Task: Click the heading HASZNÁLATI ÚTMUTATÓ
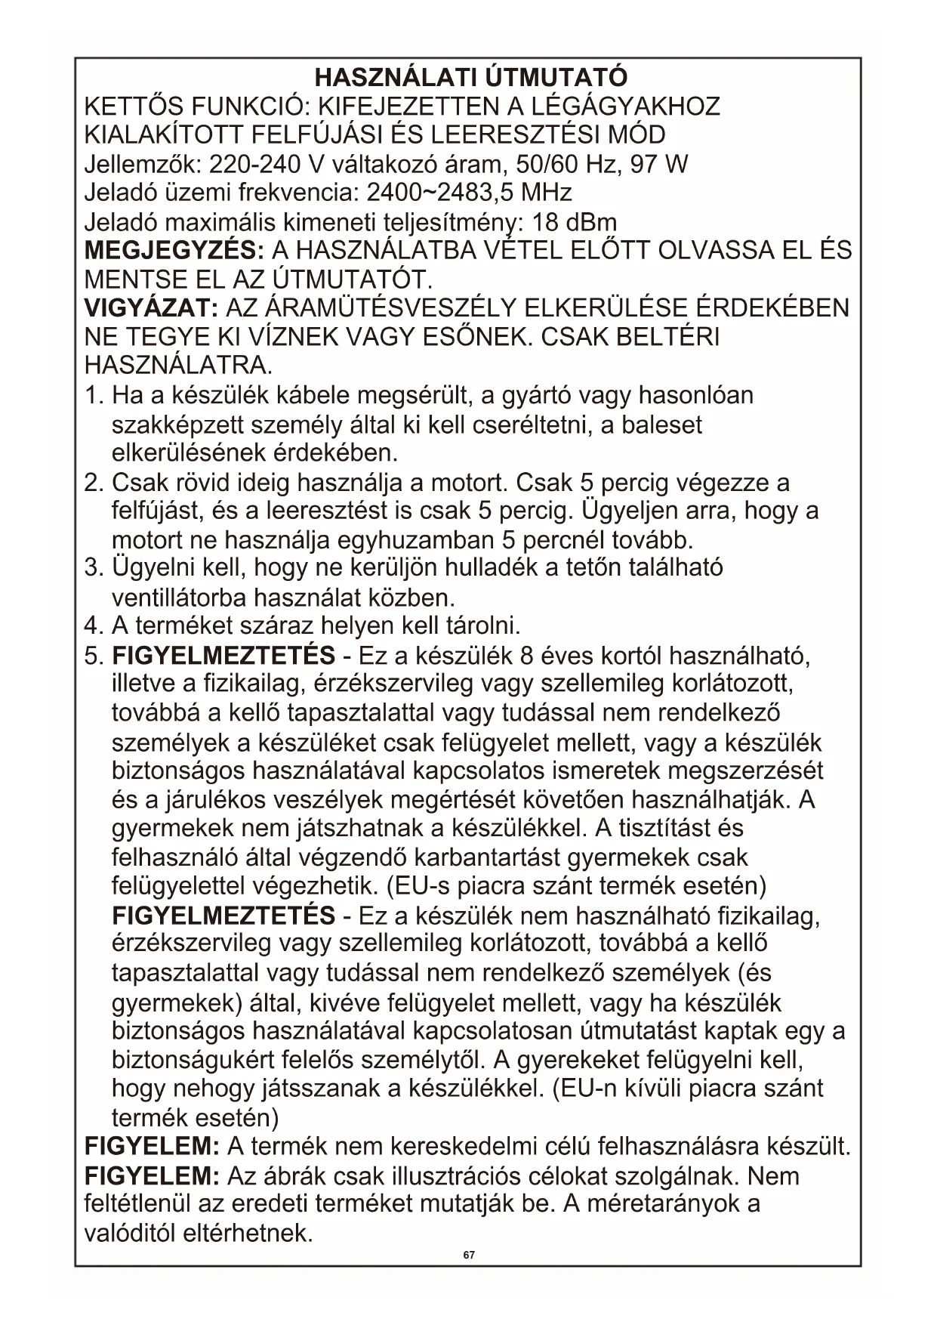point(470,77)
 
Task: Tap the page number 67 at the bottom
point(469,1255)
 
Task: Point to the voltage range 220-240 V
point(254,164)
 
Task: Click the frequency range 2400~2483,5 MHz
point(469,193)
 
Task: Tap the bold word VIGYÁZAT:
point(151,307)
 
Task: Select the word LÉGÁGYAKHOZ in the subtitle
point(632,107)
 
